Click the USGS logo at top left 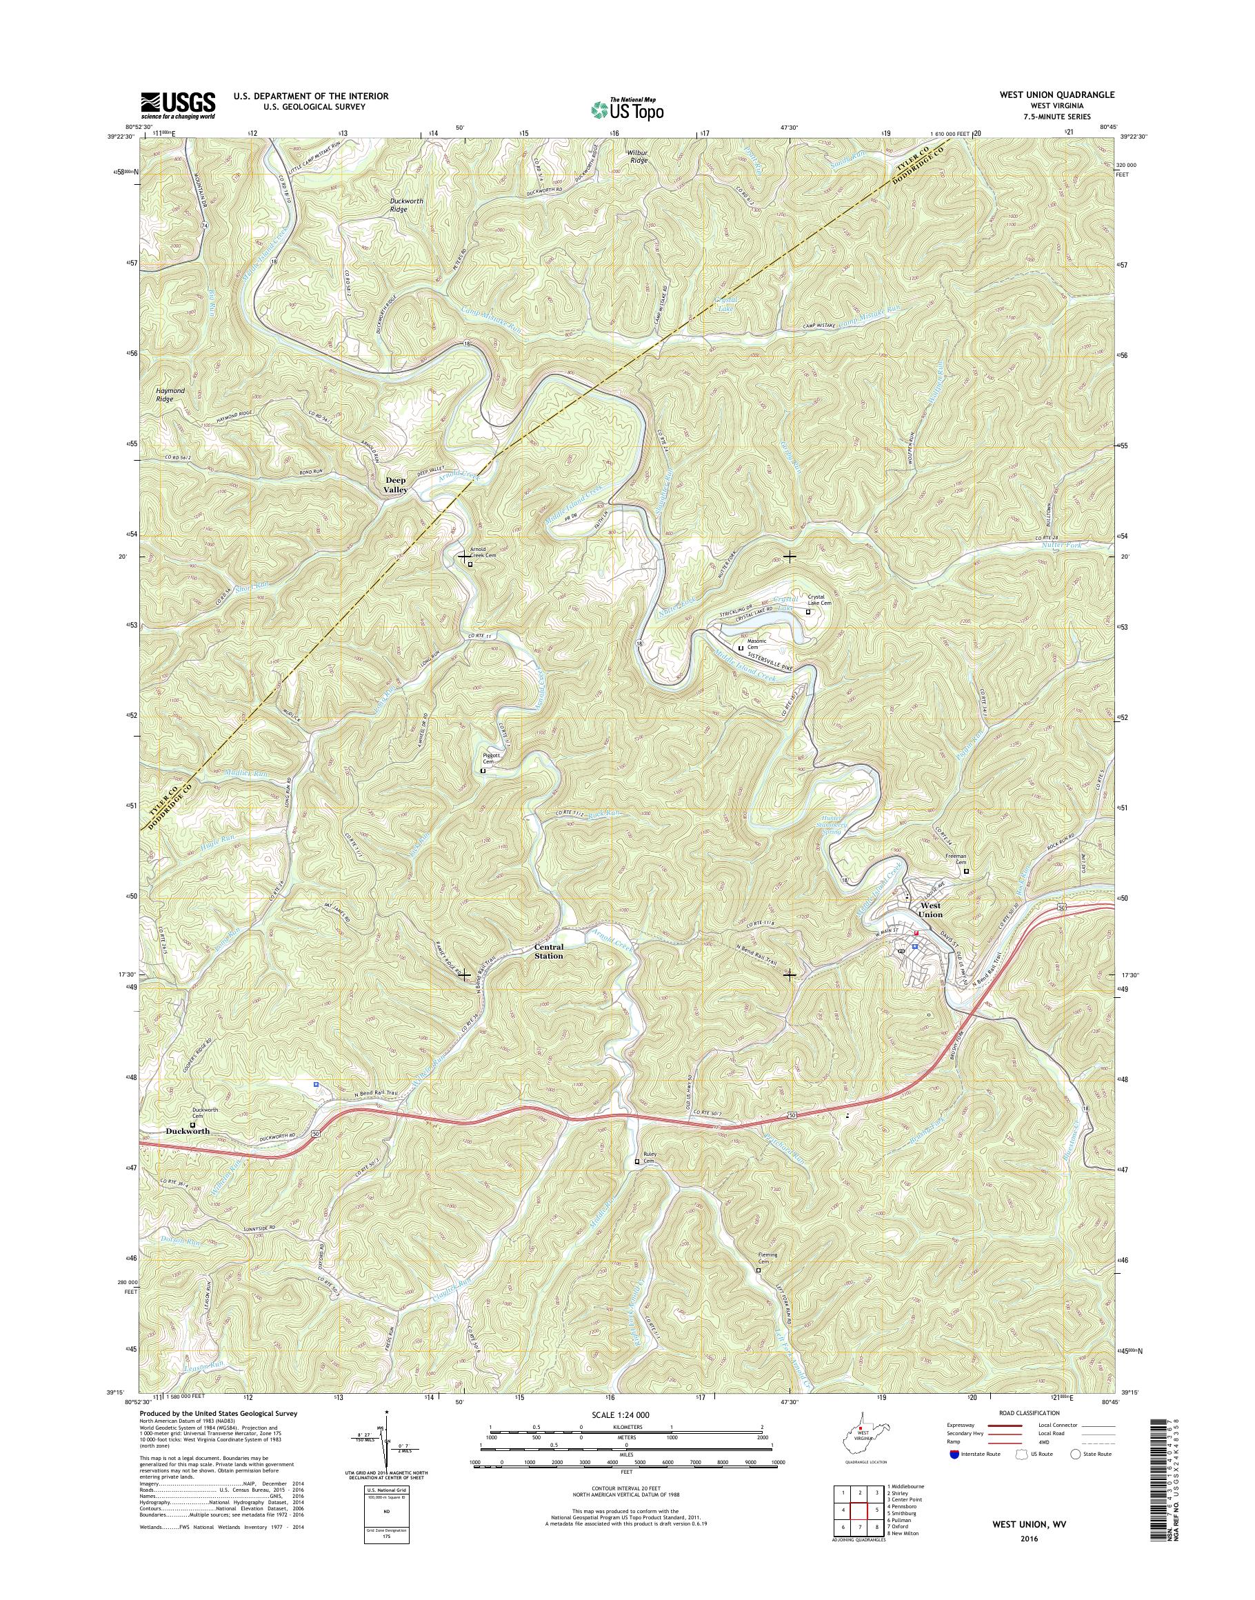178,105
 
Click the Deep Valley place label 395,484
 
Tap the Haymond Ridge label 170,394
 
